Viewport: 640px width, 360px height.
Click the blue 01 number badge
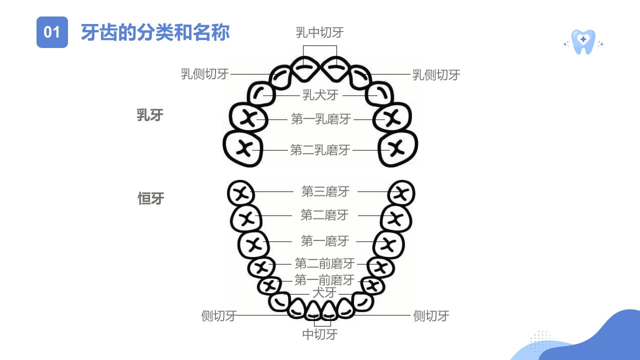coord(52,32)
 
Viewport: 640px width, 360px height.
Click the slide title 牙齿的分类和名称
coord(155,32)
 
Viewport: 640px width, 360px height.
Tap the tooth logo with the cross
coord(583,41)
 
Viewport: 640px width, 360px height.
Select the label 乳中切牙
coord(319,32)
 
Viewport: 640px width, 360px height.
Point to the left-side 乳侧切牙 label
coord(205,74)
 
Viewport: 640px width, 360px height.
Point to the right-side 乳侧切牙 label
coord(436,75)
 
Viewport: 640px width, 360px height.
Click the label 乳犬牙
coord(320,95)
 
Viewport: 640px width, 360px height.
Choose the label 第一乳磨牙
coord(321,119)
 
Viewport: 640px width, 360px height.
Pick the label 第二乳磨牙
coord(320,150)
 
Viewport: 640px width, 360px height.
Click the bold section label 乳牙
coord(150,115)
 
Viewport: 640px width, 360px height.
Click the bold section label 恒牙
coord(151,198)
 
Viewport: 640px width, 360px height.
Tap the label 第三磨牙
coord(325,191)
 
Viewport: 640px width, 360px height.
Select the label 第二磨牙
coord(324,215)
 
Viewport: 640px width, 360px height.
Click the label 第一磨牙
coord(325,241)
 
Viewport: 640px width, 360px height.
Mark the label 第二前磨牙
coord(325,263)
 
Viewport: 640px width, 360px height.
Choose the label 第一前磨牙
coord(325,280)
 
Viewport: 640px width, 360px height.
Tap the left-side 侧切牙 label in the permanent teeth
coord(219,316)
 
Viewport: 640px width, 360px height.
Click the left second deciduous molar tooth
coord(243,148)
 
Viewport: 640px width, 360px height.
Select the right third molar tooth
coord(401,193)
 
